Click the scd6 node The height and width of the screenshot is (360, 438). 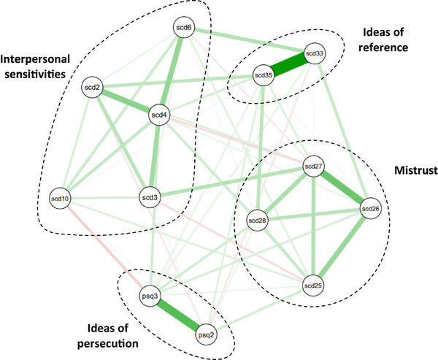tap(184, 28)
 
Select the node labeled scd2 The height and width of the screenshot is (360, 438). tap(93, 88)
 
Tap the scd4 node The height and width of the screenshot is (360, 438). tap(159, 115)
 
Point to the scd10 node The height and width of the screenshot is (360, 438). tap(59, 198)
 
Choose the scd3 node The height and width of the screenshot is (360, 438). tap(148, 198)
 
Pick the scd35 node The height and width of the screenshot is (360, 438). tap(263, 74)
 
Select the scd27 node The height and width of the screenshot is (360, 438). tap(313, 166)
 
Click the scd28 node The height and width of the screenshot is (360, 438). tap(257, 220)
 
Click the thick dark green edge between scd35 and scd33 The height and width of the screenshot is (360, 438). tap(288, 64)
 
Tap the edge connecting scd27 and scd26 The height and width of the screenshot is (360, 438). tap(342, 188)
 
